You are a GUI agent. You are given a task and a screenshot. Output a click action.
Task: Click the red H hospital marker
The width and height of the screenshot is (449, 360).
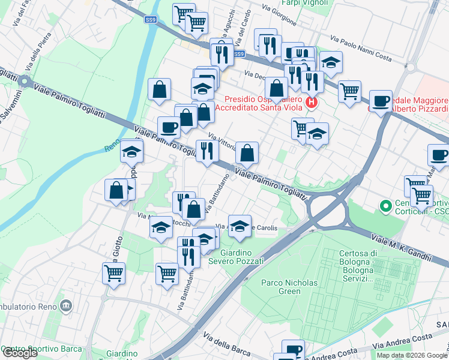[x=311, y=103]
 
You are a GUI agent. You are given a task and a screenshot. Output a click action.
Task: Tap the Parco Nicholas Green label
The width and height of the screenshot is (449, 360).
[x=281, y=287]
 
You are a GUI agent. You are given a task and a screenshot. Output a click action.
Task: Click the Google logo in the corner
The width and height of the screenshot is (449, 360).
[x=19, y=353]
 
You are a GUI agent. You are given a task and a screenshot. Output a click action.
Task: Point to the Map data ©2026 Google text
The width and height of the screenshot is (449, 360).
[x=412, y=355]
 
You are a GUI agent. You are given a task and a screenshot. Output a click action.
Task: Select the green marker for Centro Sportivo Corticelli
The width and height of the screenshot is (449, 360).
[x=385, y=207]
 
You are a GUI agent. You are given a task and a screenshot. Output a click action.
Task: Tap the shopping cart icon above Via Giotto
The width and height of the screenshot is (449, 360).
[x=113, y=274]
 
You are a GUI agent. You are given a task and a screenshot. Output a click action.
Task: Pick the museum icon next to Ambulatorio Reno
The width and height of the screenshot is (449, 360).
[x=65, y=307]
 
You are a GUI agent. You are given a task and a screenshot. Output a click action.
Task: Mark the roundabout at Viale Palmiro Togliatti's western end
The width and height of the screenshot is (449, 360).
[x=25, y=81]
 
